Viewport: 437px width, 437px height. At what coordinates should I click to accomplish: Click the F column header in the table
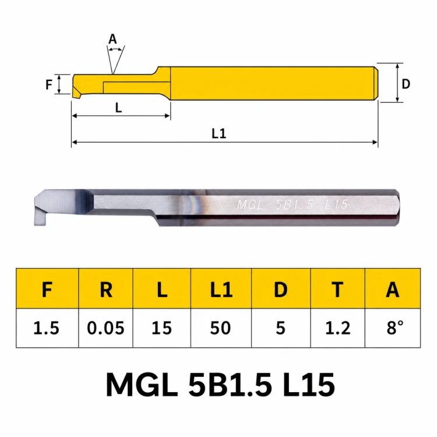pos(47,289)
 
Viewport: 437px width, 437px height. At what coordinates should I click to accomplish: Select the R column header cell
pos(105,289)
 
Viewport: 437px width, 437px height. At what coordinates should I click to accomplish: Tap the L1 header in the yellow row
pos(221,289)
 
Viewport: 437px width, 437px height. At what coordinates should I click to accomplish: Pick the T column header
pos(337,289)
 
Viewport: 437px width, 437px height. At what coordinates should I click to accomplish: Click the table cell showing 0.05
pos(105,328)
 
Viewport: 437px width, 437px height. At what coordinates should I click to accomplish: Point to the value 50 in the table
pos(221,328)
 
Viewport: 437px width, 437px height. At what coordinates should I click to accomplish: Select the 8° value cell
pos(393,328)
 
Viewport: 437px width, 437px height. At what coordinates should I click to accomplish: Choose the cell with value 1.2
pos(337,328)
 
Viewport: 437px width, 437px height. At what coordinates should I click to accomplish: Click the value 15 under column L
pos(161,328)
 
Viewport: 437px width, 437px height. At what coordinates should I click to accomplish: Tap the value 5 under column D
pos(281,328)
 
